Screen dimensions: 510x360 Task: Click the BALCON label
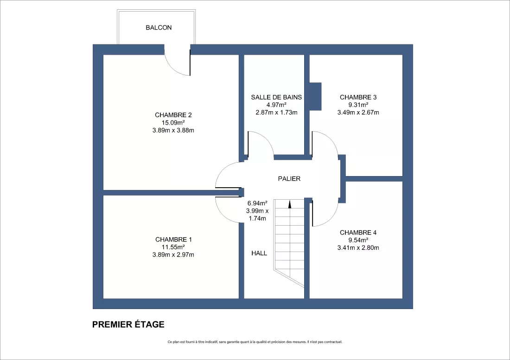(x=159, y=28)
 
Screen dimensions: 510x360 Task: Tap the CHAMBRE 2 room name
(x=173, y=115)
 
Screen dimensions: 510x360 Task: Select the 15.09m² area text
(x=173, y=123)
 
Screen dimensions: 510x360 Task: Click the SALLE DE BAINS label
(x=276, y=97)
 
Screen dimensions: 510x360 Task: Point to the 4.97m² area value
(x=276, y=105)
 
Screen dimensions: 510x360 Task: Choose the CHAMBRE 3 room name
(x=358, y=97)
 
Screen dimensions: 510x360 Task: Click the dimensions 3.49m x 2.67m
(x=358, y=113)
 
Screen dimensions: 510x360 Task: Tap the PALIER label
(x=289, y=179)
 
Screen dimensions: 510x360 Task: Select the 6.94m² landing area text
(x=257, y=203)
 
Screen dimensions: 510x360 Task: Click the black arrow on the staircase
(x=289, y=204)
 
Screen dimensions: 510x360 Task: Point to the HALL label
(x=259, y=253)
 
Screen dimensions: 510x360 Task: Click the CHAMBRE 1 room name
(x=173, y=240)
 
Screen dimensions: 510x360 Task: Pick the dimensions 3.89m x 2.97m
(x=173, y=255)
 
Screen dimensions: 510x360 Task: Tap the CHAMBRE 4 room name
(x=358, y=233)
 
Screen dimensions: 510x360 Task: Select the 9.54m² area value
(x=358, y=240)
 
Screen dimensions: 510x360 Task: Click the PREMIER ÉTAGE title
(x=128, y=325)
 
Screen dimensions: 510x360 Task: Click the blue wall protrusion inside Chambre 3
(x=315, y=96)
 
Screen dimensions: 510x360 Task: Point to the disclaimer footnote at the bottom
(x=255, y=342)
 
